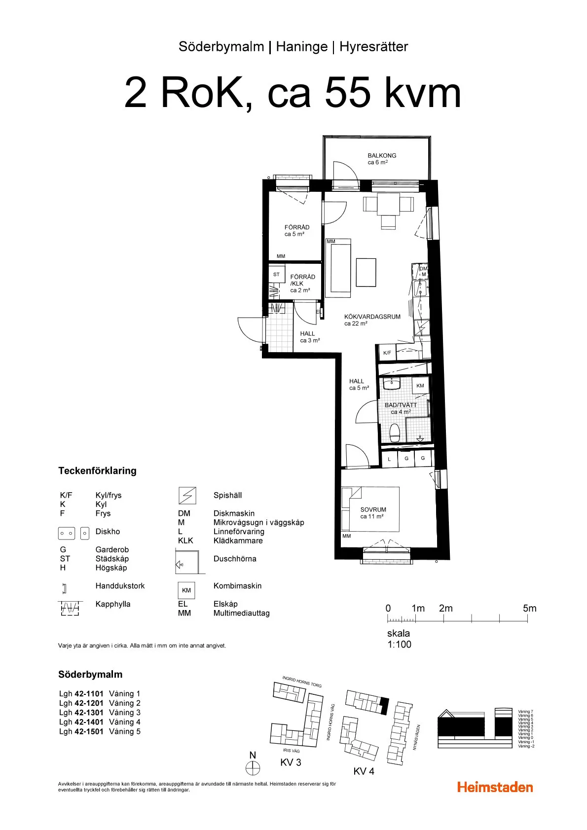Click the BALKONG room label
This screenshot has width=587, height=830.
click(381, 155)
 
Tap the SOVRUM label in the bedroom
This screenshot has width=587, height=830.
click(373, 509)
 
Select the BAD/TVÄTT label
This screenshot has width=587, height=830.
click(401, 405)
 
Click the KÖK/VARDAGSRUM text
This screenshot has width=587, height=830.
click(372, 317)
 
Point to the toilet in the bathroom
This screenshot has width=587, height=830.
click(395, 433)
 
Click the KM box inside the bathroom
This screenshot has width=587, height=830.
click(420, 386)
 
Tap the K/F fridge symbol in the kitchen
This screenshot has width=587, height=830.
click(387, 353)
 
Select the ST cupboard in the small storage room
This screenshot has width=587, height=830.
click(276, 275)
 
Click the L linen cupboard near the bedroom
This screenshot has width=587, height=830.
click(389, 459)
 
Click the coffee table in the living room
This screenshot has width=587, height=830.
click(366, 272)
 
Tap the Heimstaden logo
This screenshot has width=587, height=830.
click(495, 787)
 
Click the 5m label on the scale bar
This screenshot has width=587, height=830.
click(529, 608)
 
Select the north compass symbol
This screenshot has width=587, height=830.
click(253, 768)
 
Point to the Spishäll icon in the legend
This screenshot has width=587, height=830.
click(187, 495)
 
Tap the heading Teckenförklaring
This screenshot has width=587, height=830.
click(97, 470)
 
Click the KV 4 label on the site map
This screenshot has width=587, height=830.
click(364, 771)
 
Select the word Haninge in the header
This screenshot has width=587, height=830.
click(301, 47)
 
